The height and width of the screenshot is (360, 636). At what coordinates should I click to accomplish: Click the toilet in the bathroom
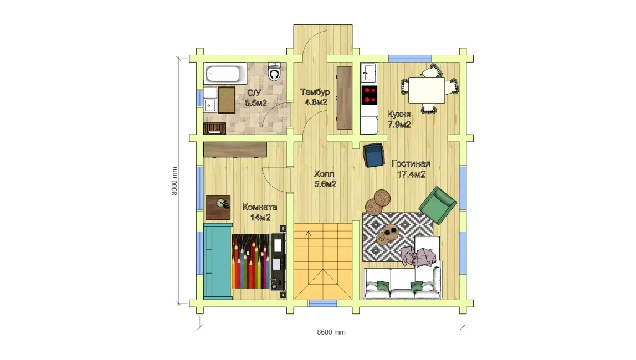pos(275,71)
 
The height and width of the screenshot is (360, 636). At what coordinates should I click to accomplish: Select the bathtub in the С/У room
pos(225,73)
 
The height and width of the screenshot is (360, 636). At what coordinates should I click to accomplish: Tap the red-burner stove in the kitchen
pos(369,95)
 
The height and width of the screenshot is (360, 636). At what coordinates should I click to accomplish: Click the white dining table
pos(426,90)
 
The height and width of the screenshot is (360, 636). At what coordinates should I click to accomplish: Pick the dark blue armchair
pos(373,155)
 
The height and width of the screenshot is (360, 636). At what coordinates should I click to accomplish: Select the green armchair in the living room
pos(437,205)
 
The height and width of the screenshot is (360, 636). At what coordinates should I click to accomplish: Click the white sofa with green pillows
pos(402,283)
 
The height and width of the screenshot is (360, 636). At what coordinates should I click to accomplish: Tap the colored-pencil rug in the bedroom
pos(250,261)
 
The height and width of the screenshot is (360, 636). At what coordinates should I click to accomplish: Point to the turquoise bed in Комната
pos(218,261)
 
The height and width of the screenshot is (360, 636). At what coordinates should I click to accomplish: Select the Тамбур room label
pos(315,92)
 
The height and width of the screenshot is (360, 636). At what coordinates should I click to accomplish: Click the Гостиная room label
pos(411,164)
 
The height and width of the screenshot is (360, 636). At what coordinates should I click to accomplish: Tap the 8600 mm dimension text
pos(331,332)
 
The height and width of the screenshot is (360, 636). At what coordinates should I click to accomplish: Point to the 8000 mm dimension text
pos(175,181)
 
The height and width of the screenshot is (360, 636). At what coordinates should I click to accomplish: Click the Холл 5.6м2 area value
pos(325,184)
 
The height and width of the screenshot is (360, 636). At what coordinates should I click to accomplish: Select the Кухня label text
pos(399,114)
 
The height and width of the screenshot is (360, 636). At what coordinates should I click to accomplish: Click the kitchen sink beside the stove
pos(369,73)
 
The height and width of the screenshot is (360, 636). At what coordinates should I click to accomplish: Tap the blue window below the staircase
pos(323,304)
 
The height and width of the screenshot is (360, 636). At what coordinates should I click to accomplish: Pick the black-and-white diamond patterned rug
pos(398,237)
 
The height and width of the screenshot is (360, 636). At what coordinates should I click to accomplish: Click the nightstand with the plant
pos(218,207)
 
